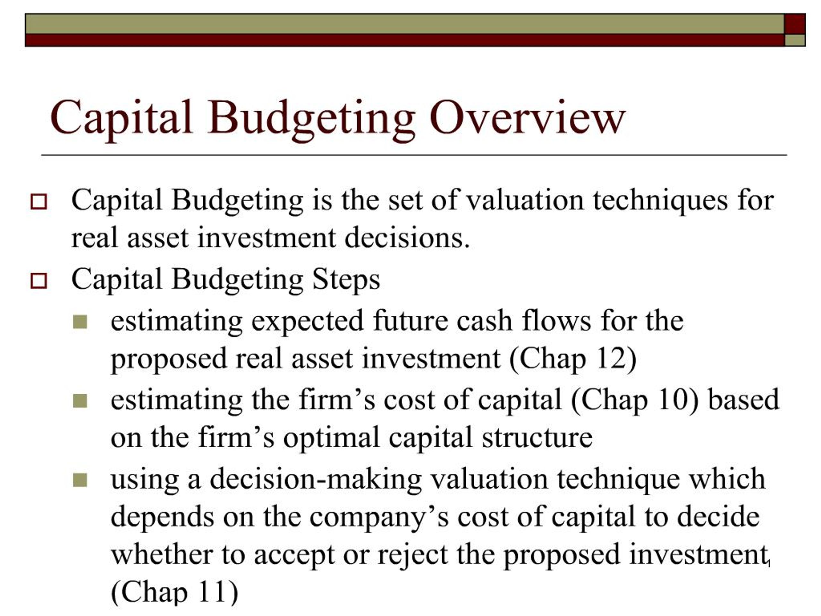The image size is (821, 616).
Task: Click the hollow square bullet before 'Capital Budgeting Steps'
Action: pos(38,281)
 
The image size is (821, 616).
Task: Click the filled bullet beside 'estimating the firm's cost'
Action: pos(80,401)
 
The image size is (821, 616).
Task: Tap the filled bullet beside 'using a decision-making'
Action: pos(80,480)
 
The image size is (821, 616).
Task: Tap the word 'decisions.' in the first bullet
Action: pos(407,238)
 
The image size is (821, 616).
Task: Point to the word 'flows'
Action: pos(556,321)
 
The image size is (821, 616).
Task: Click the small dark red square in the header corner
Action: pos(795,24)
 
